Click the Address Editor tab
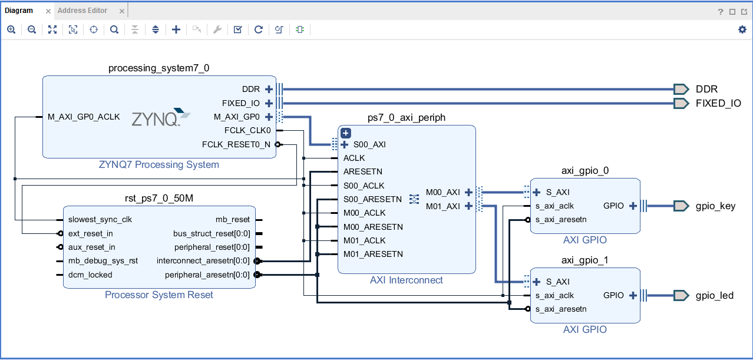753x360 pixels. point(82,11)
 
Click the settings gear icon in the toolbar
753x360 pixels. point(742,29)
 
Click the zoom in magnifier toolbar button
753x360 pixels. point(11,29)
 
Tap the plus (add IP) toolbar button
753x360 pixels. point(176,29)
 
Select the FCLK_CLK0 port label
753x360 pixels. point(247,130)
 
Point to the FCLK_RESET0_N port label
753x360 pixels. point(236,144)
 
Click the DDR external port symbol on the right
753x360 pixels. point(681,89)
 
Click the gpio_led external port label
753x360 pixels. point(714,295)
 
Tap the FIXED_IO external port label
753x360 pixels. point(718,103)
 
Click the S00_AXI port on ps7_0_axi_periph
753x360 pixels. point(369,144)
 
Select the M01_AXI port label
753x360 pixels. point(442,206)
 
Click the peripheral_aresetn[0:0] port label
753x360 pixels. point(207,275)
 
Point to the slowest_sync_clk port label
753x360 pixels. point(100,220)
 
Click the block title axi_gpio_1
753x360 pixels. point(584,260)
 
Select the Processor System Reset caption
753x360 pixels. point(159,295)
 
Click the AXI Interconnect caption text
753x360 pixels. point(406,280)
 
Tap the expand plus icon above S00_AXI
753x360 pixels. point(346,133)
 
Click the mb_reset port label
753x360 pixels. point(232,220)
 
